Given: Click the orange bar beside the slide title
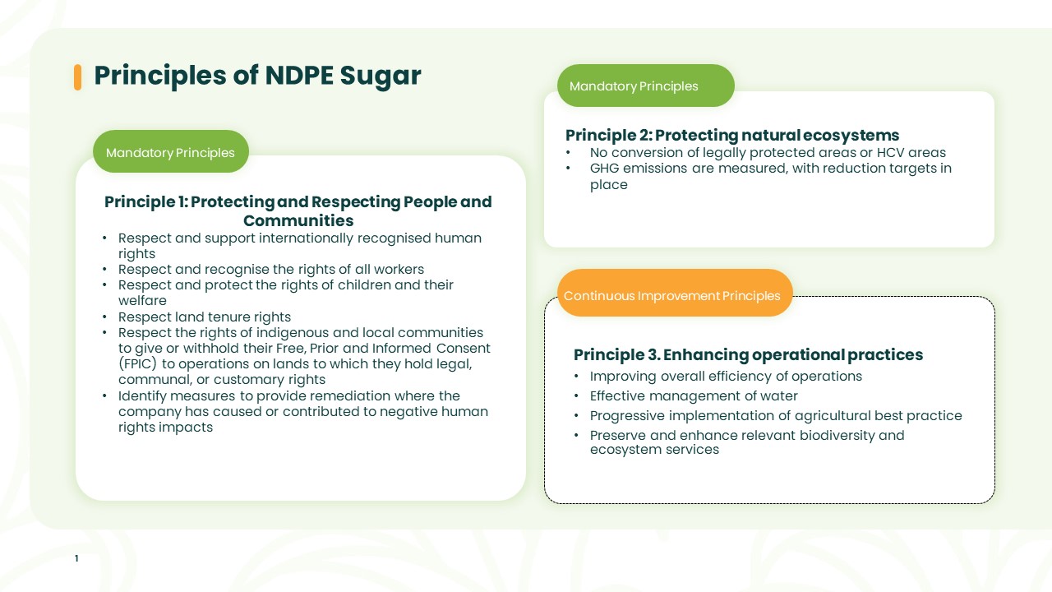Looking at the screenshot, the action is click(x=77, y=77).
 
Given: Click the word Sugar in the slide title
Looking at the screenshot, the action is click(x=381, y=76).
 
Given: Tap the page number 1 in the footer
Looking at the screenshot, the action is click(x=76, y=558).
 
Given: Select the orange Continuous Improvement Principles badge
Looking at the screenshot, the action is click(x=675, y=293).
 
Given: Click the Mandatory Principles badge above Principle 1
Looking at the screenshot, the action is click(x=170, y=152).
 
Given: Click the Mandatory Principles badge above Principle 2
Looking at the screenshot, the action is click(x=646, y=86).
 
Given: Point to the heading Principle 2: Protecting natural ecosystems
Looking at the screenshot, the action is click(x=732, y=136).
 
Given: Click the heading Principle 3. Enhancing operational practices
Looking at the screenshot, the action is click(x=748, y=354).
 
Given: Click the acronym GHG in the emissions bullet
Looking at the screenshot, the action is click(x=604, y=169).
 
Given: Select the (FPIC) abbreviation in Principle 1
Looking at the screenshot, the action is click(x=137, y=364).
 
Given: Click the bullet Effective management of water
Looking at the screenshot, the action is click(x=694, y=396).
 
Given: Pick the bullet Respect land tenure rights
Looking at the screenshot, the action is click(x=205, y=317).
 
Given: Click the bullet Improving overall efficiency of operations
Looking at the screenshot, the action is click(x=726, y=377).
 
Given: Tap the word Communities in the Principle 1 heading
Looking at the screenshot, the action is click(x=298, y=220).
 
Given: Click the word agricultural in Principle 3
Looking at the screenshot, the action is click(x=833, y=416).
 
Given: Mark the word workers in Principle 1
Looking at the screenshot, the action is click(x=399, y=269).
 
